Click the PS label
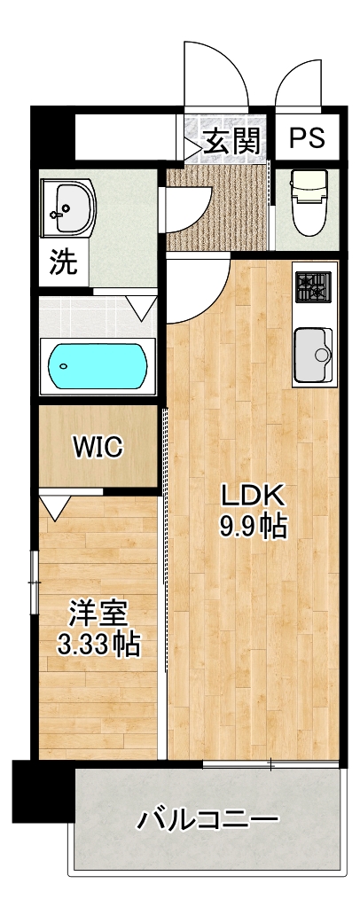click(307, 139)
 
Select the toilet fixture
click(307, 202)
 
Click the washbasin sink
click(67, 207)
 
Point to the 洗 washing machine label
click(63, 263)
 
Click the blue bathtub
click(98, 365)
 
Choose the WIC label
click(98, 448)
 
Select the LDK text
click(252, 497)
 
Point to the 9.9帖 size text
click(253, 528)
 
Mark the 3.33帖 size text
click(98, 645)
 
